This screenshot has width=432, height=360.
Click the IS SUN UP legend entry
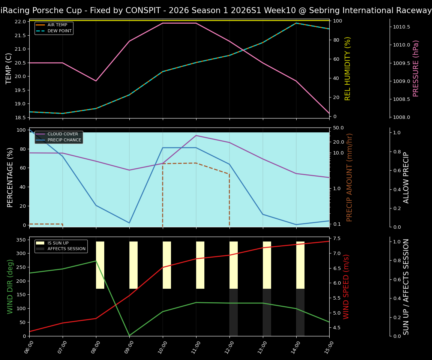[x=57, y=243]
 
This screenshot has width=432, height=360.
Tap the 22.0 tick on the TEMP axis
[x=20, y=22]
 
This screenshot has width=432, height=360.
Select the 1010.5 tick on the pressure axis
[x=402, y=27]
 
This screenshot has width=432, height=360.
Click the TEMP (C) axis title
[x=9, y=68]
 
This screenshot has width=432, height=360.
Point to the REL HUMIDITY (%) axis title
[x=348, y=68]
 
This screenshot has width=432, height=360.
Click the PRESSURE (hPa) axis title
[x=416, y=68]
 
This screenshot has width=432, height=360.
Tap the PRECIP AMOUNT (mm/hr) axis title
[x=349, y=177]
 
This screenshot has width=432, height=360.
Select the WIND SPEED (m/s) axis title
[x=346, y=286]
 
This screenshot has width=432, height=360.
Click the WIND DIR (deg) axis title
[x=10, y=286]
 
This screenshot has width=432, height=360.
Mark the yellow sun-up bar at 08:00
[x=100, y=265]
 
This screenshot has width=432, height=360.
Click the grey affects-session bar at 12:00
[x=234, y=312]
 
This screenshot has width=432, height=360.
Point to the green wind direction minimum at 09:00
[x=129, y=335]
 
